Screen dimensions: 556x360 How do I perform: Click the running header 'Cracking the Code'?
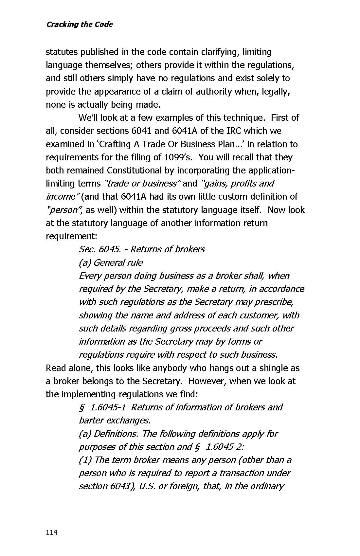coord(79,25)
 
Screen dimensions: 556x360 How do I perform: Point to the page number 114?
coord(52,532)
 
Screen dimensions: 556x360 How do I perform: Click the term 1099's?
coord(177,157)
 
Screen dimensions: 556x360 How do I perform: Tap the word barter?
coord(91,420)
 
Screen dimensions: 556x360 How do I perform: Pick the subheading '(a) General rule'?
coord(111,262)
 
